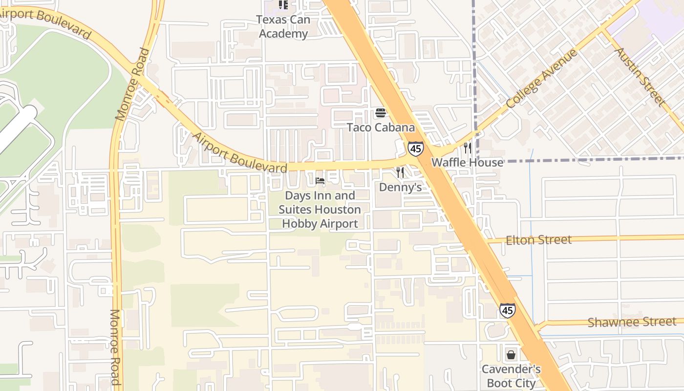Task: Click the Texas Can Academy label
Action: pos(283,27)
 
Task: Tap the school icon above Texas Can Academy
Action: pos(283,5)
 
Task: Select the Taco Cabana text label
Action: pos(381,128)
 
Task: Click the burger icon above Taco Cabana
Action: pos(381,113)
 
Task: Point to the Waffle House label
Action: pos(467,162)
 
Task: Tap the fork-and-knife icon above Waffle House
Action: pos(468,148)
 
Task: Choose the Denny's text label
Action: pos(400,187)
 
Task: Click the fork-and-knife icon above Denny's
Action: pos(400,172)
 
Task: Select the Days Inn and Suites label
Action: pos(320,210)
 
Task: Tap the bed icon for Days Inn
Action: pos(320,181)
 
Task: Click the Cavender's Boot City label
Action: pos(511,376)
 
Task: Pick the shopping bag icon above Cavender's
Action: pos(511,354)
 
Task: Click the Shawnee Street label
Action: pos(632,322)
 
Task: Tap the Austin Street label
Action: pos(640,77)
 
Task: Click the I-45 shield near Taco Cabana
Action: pos(415,149)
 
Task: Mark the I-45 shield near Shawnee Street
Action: pos(507,310)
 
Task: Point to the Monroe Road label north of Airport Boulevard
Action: pos(131,85)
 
